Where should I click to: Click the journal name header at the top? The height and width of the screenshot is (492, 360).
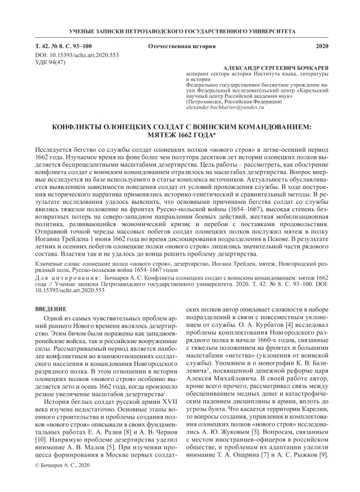pos(179,30)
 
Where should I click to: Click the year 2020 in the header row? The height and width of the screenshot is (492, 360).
pos(322,46)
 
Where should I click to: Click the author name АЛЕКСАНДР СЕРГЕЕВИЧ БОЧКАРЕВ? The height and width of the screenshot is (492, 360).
pos(276,69)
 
